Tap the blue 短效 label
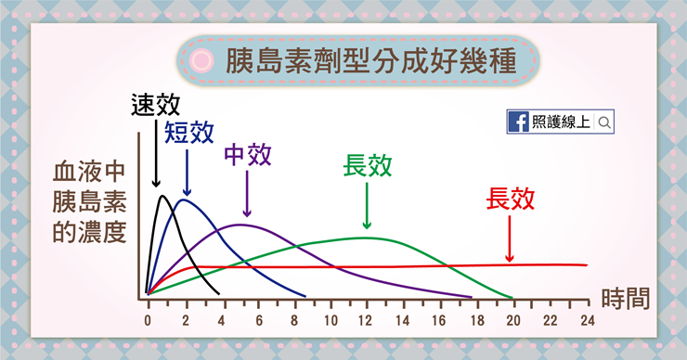click(x=189, y=134)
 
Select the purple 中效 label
click(x=248, y=154)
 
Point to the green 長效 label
click(x=368, y=165)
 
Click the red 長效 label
click(x=511, y=199)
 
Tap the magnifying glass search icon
click(x=604, y=122)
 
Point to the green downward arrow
click(x=368, y=206)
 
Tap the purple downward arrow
click(x=247, y=195)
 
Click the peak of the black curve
click(x=163, y=196)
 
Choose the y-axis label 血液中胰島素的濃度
click(x=89, y=201)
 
